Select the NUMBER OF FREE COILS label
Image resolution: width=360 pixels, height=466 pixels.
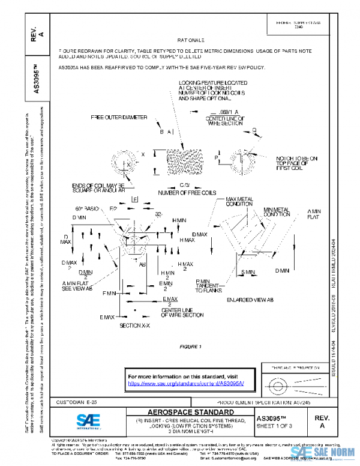[187, 192]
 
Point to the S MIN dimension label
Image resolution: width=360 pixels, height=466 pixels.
[247, 271]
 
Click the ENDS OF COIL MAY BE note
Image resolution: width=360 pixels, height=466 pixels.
[98, 187]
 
